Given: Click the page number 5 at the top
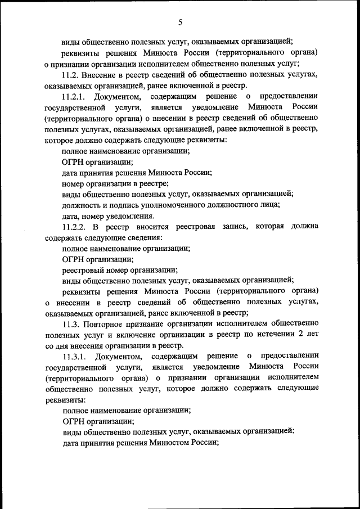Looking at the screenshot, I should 180,22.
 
